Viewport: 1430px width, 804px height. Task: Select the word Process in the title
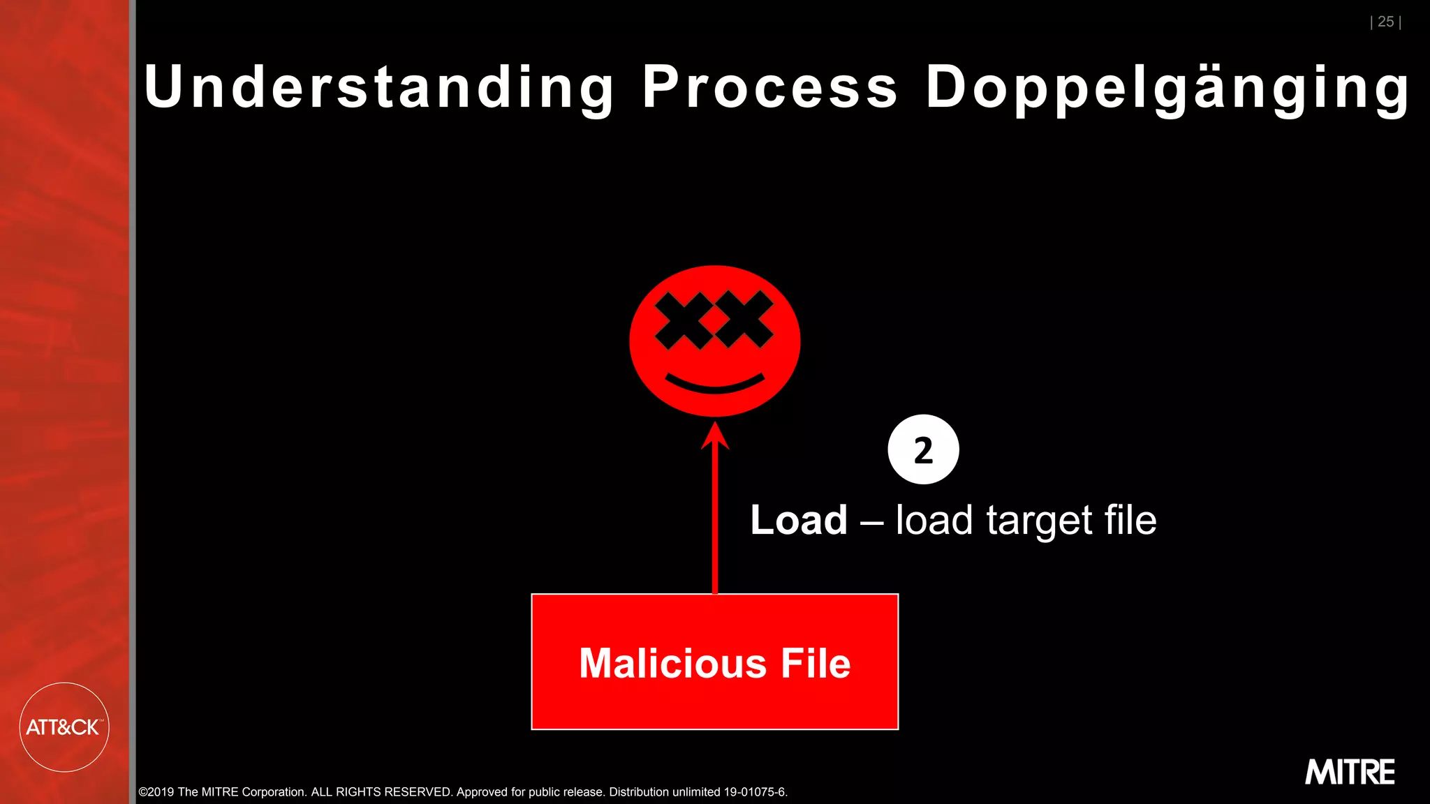(x=769, y=87)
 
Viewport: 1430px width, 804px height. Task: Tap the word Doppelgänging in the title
(x=1167, y=89)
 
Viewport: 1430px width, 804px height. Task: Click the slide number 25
(x=1385, y=22)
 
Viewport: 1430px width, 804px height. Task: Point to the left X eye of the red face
(x=683, y=320)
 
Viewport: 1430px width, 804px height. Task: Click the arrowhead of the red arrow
(x=715, y=436)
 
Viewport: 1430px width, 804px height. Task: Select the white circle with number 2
(x=923, y=449)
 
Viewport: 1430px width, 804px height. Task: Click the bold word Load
(x=799, y=521)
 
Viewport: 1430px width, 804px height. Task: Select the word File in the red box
(x=815, y=663)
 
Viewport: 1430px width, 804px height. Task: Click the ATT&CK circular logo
(x=64, y=727)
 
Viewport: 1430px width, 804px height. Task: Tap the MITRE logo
(x=1350, y=773)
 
